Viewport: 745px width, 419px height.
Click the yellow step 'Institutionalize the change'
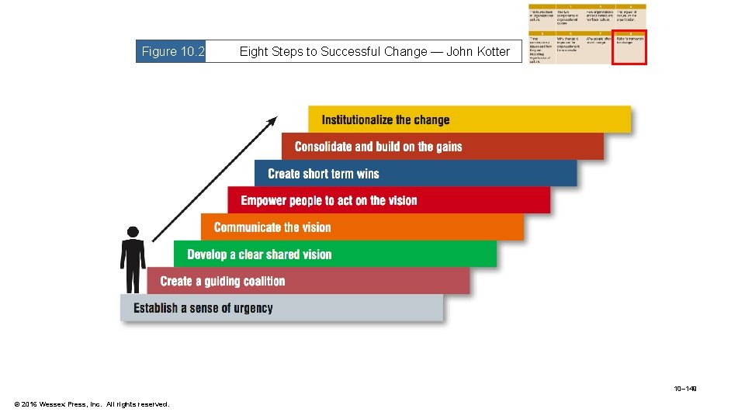470,119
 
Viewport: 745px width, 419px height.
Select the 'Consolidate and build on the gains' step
442,147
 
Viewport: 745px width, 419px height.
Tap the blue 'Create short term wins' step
415,173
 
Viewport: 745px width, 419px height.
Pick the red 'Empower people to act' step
388,200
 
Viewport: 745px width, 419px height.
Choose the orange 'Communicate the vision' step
362,227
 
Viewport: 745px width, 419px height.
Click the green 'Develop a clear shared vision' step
334,254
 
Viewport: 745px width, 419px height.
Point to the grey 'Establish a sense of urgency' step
281,308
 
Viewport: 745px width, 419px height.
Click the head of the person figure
133,232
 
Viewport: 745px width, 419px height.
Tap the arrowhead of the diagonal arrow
272,121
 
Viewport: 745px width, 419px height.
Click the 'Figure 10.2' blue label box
172,52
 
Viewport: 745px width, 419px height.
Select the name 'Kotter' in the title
491,52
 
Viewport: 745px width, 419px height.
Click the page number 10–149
685,388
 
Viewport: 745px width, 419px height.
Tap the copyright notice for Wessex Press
92,404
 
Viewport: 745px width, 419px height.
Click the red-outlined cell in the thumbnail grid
629,48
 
